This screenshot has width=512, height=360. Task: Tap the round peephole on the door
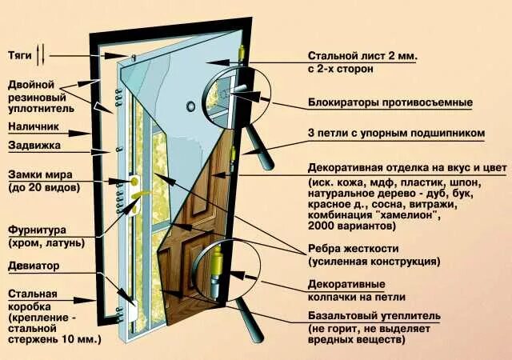190,106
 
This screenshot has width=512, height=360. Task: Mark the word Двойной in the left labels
31,84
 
